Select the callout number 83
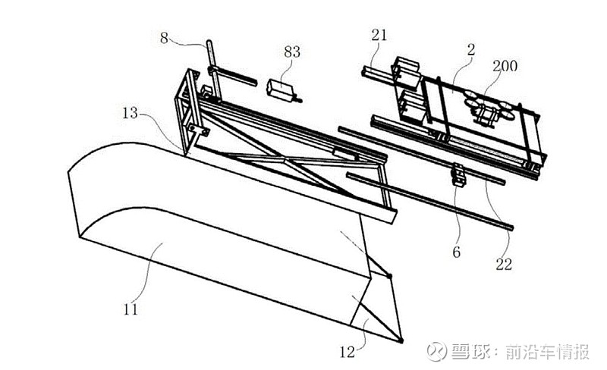tap(292, 52)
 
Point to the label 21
tap(380, 35)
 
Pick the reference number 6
tap(456, 252)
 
